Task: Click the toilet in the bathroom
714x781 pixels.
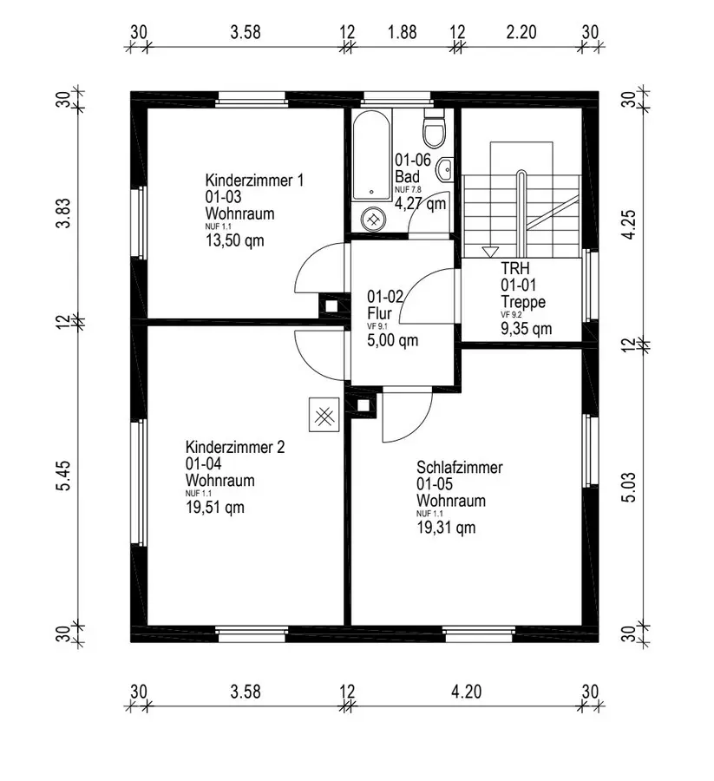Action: (433, 128)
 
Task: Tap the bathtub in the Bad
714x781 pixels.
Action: (371, 155)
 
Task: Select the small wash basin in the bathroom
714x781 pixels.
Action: (444, 169)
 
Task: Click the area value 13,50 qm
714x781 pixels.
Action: (234, 241)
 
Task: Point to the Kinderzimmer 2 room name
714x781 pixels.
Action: (235, 447)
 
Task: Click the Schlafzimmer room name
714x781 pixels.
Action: (460, 467)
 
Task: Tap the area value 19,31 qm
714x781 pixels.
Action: (446, 528)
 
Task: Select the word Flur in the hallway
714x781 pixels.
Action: (379, 314)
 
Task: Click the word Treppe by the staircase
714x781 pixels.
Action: (523, 302)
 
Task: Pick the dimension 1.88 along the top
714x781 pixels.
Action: (403, 32)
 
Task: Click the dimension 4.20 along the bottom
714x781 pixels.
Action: (467, 692)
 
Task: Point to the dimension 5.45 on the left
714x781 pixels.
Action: (64, 476)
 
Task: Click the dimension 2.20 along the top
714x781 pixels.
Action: (521, 32)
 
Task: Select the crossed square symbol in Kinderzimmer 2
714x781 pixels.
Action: (324, 415)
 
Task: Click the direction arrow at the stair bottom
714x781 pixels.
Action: (490, 252)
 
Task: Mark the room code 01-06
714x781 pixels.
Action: (413, 160)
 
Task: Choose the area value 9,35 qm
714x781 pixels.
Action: (527, 329)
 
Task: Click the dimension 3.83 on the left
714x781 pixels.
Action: (64, 213)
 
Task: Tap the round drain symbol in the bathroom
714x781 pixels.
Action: (372, 220)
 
